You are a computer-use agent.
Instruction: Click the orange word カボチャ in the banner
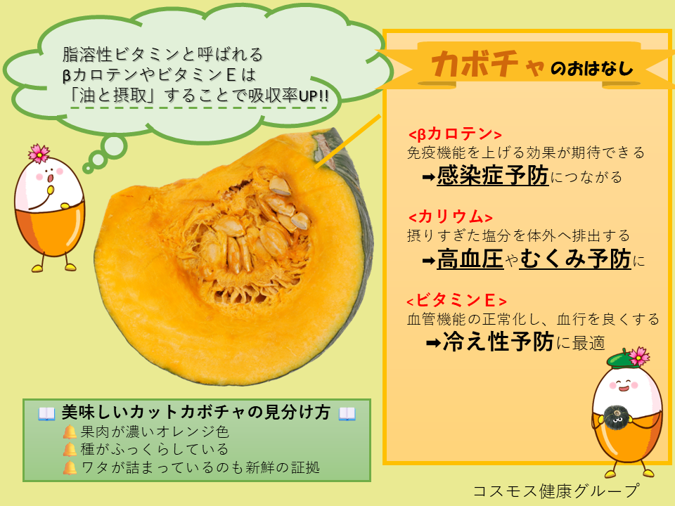[x=488, y=65]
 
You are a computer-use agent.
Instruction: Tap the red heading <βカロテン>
[x=455, y=134]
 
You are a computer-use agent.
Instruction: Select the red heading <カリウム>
[x=450, y=217]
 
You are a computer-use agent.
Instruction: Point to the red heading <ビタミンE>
[x=456, y=300]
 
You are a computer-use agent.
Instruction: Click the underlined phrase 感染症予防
[x=493, y=176]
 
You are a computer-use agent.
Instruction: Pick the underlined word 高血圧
[x=470, y=259]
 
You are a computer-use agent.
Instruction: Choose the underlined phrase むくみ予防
[x=575, y=259]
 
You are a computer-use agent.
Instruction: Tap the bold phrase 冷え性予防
[x=498, y=342]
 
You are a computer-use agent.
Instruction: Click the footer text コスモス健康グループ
[x=556, y=491]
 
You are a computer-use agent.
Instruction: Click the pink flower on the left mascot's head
[x=39, y=153]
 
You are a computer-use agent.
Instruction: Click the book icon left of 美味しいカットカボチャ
[x=46, y=413]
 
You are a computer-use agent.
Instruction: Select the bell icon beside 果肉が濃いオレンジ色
[x=70, y=432]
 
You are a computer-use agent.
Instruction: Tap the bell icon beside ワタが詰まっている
[x=70, y=468]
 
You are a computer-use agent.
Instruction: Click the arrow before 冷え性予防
[x=434, y=344]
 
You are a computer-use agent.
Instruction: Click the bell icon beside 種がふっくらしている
[x=70, y=450]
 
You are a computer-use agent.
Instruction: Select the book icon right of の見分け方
[x=347, y=413]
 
